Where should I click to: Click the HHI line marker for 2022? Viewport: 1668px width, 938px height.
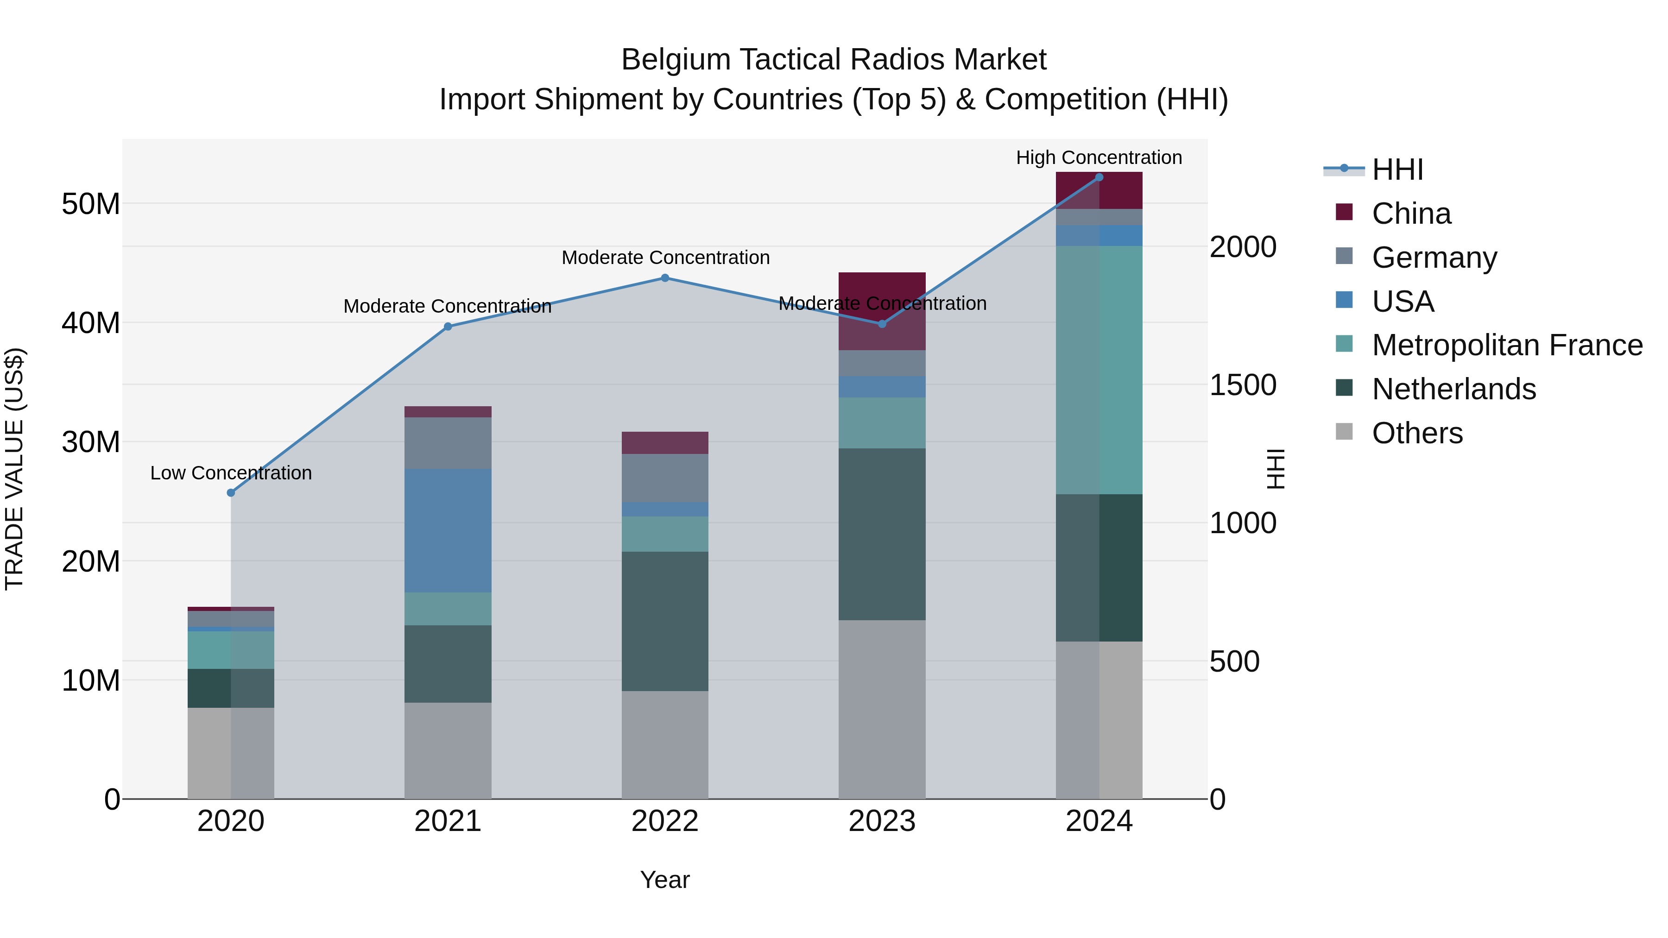(x=665, y=278)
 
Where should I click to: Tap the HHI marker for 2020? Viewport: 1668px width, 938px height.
(x=231, y=493)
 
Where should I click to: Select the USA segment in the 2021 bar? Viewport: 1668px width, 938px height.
(x=448, y=531)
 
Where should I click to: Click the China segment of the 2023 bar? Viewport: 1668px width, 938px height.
(x=882, y=311)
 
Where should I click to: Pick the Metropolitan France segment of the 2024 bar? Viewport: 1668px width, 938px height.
(x=1099, y=370)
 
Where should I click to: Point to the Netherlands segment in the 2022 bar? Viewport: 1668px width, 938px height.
(x=665, y=622)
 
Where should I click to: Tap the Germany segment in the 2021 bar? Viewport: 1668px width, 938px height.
(x=448, y=443)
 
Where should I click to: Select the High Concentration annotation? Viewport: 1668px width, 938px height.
(x=1099, y=157)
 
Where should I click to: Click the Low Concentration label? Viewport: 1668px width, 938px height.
(x=231, y=473)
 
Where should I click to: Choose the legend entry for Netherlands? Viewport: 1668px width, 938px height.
(x=1453, y=389)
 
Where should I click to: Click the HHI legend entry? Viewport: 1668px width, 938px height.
(x=1397, y=170)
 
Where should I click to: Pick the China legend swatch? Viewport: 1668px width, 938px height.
(x=1344, y=212)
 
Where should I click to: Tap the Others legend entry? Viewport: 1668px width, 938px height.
(x=1417, y=433)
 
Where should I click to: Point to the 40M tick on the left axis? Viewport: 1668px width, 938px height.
(x=91, y=322)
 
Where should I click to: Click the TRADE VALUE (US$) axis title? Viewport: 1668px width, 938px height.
(x=15, y=469)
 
